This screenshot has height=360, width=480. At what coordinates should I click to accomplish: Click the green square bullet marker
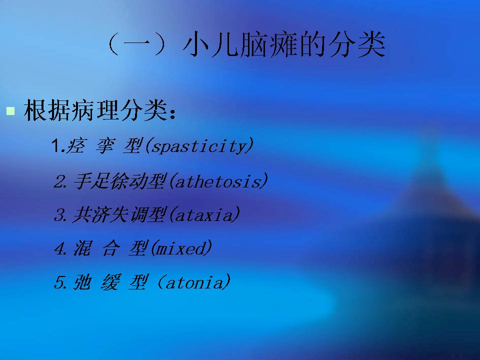(x=10, y=111)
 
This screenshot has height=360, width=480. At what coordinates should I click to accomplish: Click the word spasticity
(x=199, y=146)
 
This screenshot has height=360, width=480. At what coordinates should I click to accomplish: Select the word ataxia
(x=204, y=215)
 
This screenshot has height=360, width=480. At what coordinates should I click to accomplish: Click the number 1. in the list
(x=58, y=145)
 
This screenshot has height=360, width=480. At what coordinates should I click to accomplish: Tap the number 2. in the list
(x=60, y=181)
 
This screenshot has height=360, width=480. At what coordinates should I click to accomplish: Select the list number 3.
(x=60, y=215)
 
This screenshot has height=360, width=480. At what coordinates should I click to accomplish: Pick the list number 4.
(x=60, y=248)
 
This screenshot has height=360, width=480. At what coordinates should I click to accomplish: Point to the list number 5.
(x=60, y=282)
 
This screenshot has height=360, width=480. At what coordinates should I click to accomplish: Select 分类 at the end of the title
(x=356, y=44)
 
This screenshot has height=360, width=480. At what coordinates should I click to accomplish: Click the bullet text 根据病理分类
(x=96, y=110)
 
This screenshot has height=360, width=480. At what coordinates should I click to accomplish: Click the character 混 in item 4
(x=82, y=248)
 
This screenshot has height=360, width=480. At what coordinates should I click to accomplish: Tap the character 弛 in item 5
(x=82, y=282)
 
